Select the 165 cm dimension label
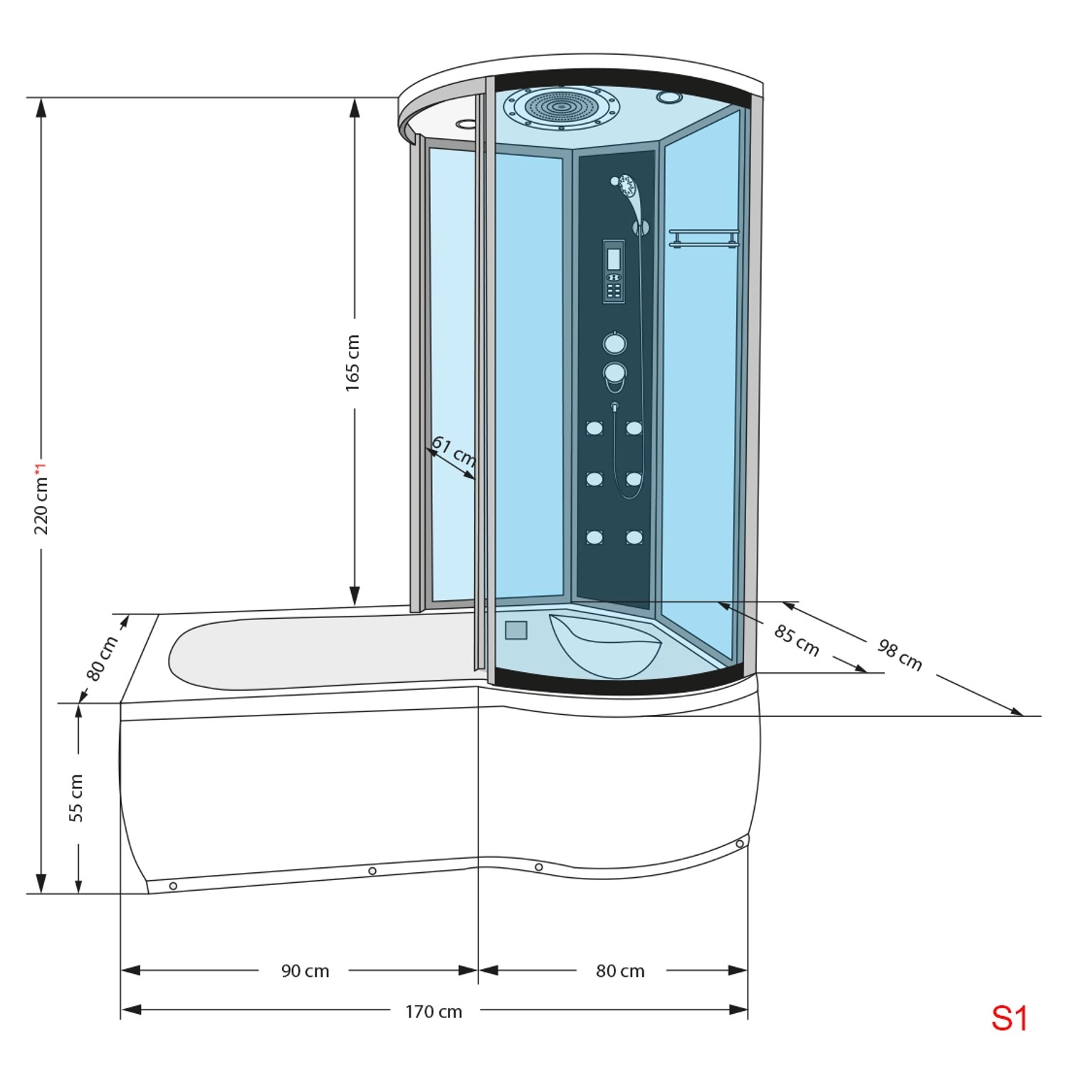353,362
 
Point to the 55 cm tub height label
76,797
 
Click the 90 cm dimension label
305,971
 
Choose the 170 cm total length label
434,1012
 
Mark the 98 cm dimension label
900,655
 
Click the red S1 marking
1009,1019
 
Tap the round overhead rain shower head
561,108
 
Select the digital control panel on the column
614,271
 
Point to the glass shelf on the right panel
703,238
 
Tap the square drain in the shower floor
516,630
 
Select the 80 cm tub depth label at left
102,659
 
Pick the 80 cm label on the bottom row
620,971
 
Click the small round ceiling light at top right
669,98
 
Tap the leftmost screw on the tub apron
173,886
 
